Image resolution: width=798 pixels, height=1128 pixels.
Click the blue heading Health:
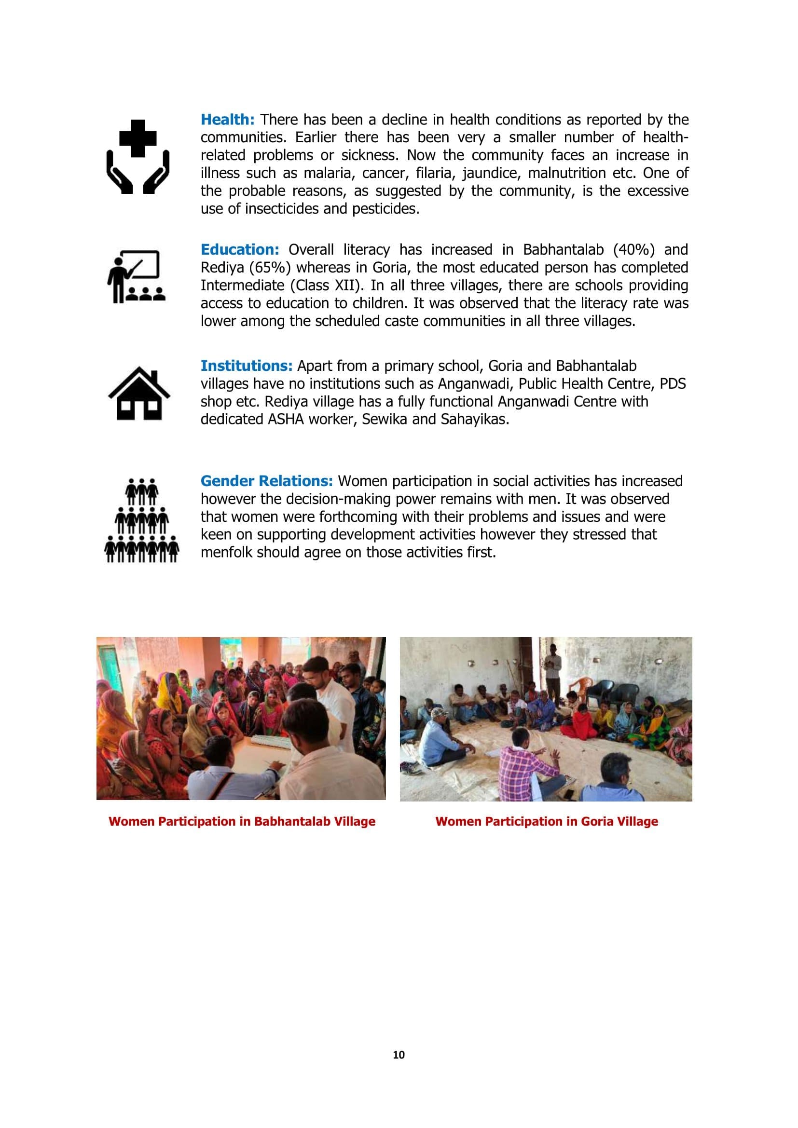(x=228, y=120)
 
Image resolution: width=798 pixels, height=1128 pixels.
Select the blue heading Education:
(x=240, y=250)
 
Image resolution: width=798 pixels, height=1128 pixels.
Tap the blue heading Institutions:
(x=246, y=366)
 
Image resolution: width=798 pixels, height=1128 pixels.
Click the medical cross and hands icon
(x=138, y=156)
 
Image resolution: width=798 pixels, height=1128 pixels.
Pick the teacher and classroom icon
(x=136, y=277)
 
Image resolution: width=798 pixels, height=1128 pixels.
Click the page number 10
(x=399, y=1055)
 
